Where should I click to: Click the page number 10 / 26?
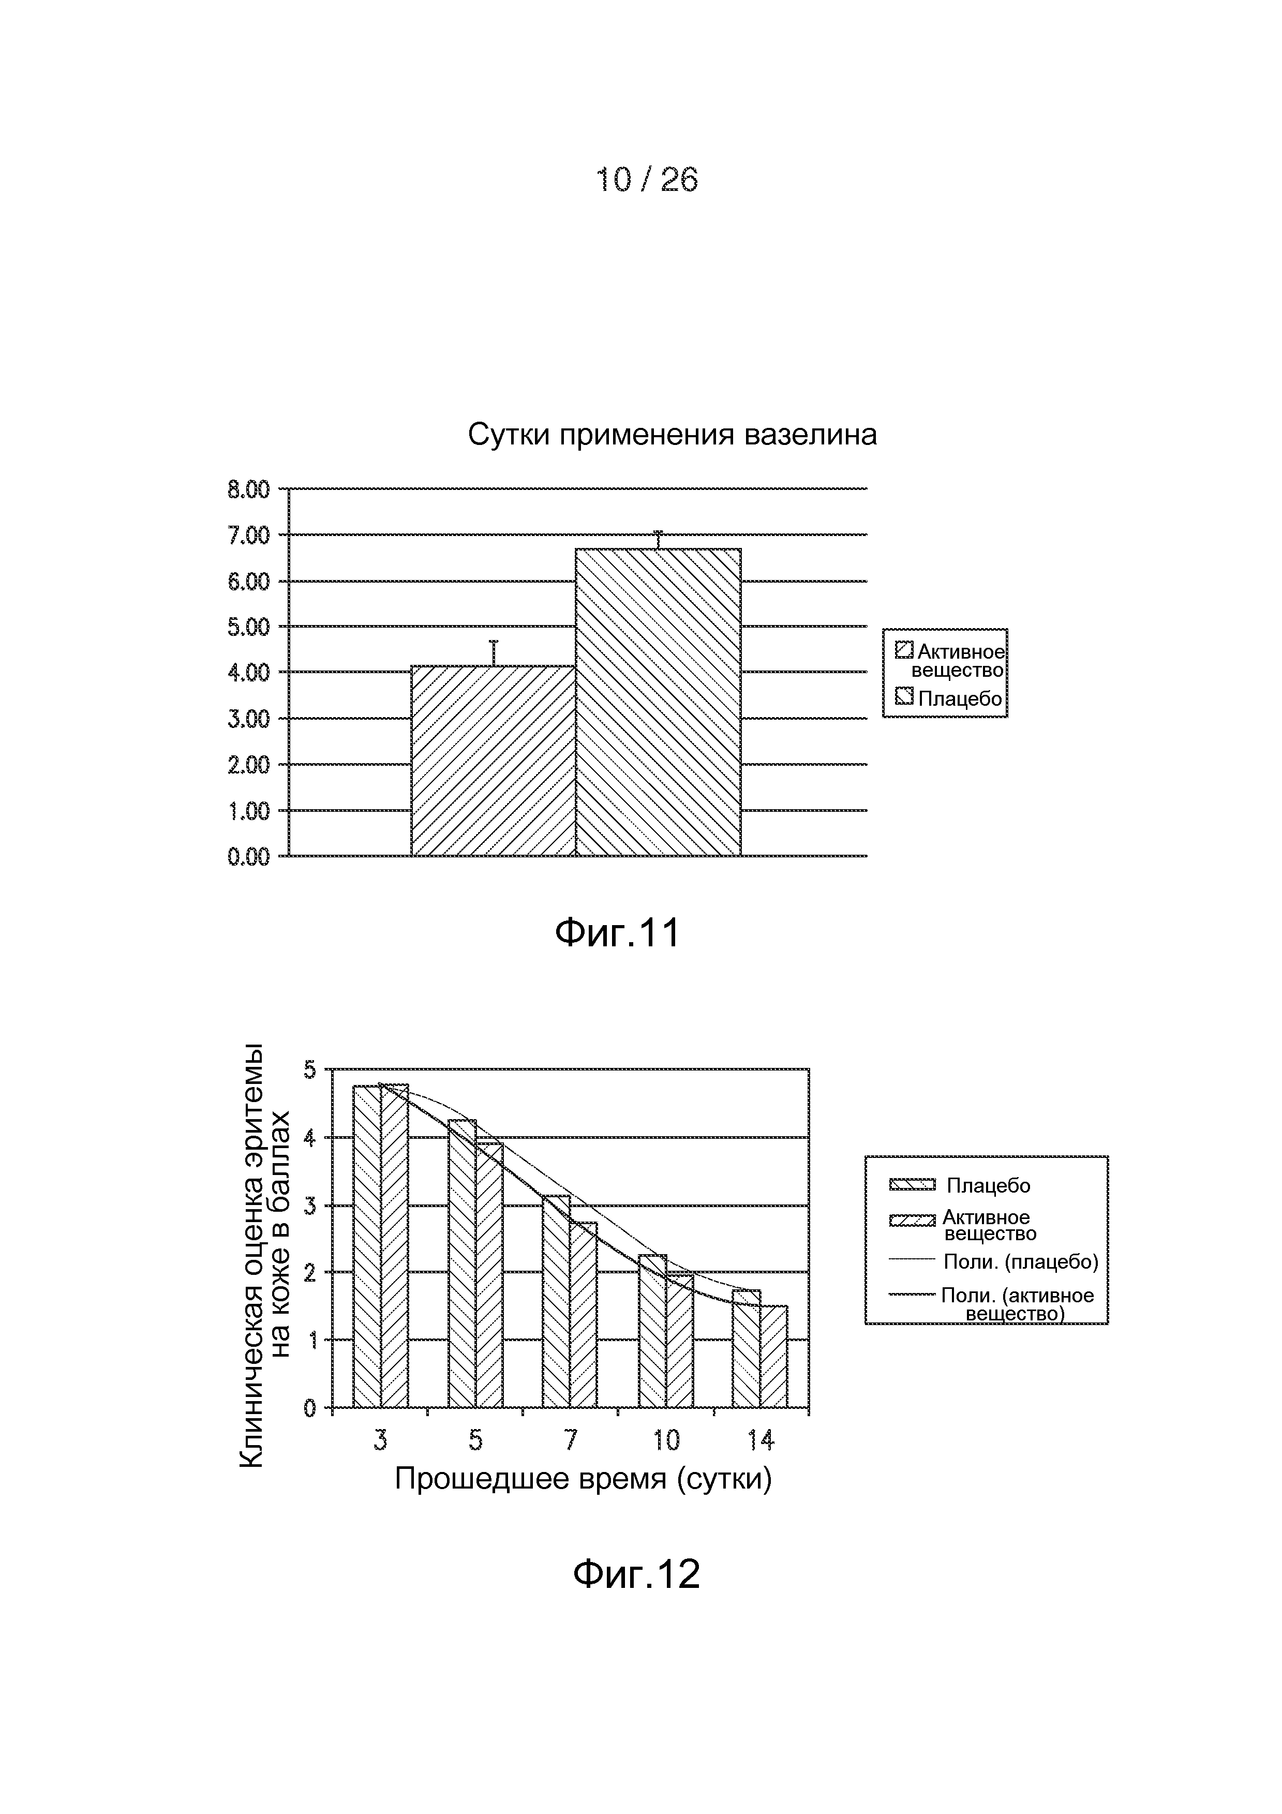(x=646, y=180)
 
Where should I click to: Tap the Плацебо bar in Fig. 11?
(x=658, y=702)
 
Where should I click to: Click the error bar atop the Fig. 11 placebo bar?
(x=658, y=540)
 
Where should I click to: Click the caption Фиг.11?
(x=617, y=934)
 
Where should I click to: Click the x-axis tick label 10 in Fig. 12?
(x=666, y=1441)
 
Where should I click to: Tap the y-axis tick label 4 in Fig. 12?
(x=310, y=1138)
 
